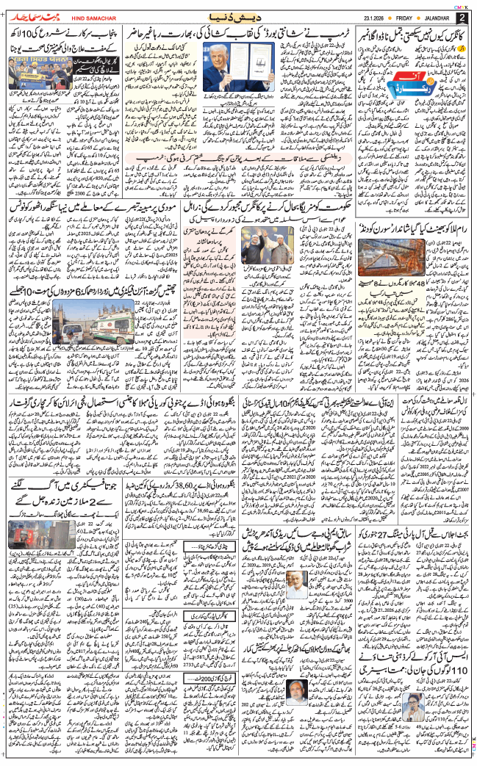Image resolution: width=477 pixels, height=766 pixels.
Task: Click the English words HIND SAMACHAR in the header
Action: pyautogui.click(x=93, y=17)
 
